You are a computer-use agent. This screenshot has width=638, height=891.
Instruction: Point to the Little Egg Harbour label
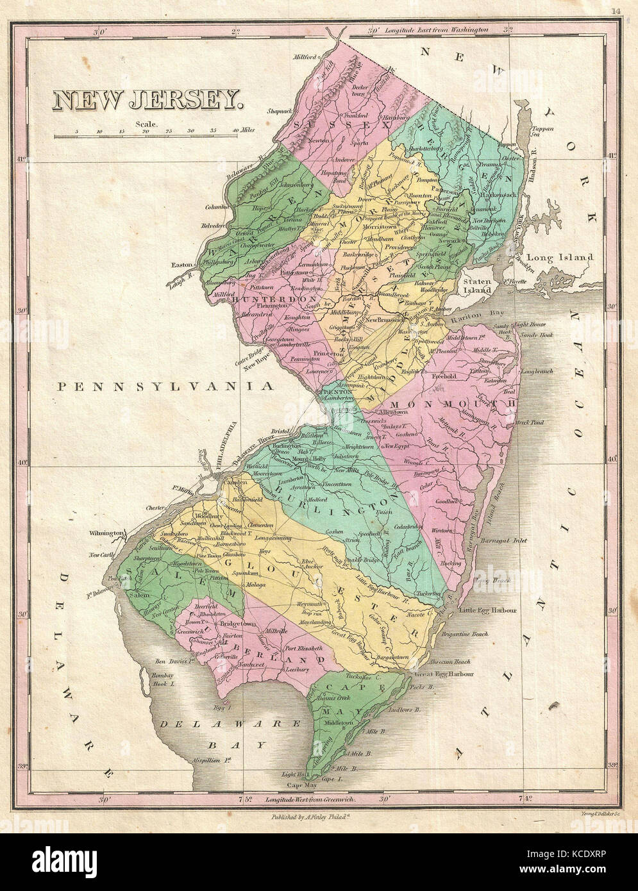pyautogui.click(x=488, y=610)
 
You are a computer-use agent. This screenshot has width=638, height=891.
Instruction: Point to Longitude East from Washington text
pyautogui.click(x=439, y=29)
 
